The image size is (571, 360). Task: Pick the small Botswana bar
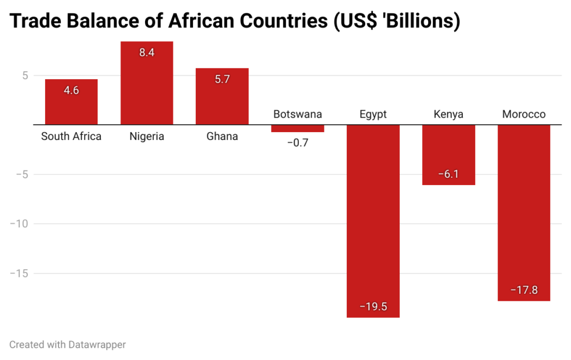tap(297, 128)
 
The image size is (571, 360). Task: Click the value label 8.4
tap(147, 53)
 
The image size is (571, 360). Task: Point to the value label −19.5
tap(373, 307)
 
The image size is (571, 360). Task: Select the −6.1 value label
tap(448, 174)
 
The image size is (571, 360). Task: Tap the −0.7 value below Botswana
tap(297, 143)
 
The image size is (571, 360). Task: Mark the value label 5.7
tap(222, 79)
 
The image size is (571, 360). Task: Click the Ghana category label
tap(222, 136)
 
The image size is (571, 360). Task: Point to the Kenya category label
tap(448, 115)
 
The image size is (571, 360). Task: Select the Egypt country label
tap(373, 115)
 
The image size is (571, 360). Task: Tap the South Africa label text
tap(71, 136)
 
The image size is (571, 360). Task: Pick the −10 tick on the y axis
tap(21, 223)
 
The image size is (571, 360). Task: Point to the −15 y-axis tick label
tap(21, 273)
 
